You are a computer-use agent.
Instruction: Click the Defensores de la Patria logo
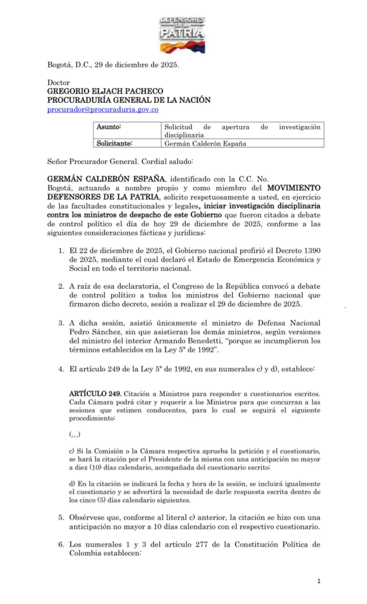coord(182,35)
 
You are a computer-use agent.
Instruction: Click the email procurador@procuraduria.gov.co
coord(103,110)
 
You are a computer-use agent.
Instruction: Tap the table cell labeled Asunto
coord(112,127)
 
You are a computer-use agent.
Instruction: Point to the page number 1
coord(319,582)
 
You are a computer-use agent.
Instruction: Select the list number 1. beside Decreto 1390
coord(61,250)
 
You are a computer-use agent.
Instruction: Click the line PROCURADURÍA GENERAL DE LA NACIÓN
coord(129,100)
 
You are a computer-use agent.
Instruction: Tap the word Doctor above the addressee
coord(59,83)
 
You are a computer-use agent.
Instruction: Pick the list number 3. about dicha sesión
coord(61,322)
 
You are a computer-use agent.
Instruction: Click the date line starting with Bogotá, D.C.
coord(113,65)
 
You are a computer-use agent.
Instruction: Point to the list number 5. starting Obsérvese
coord(61,517)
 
